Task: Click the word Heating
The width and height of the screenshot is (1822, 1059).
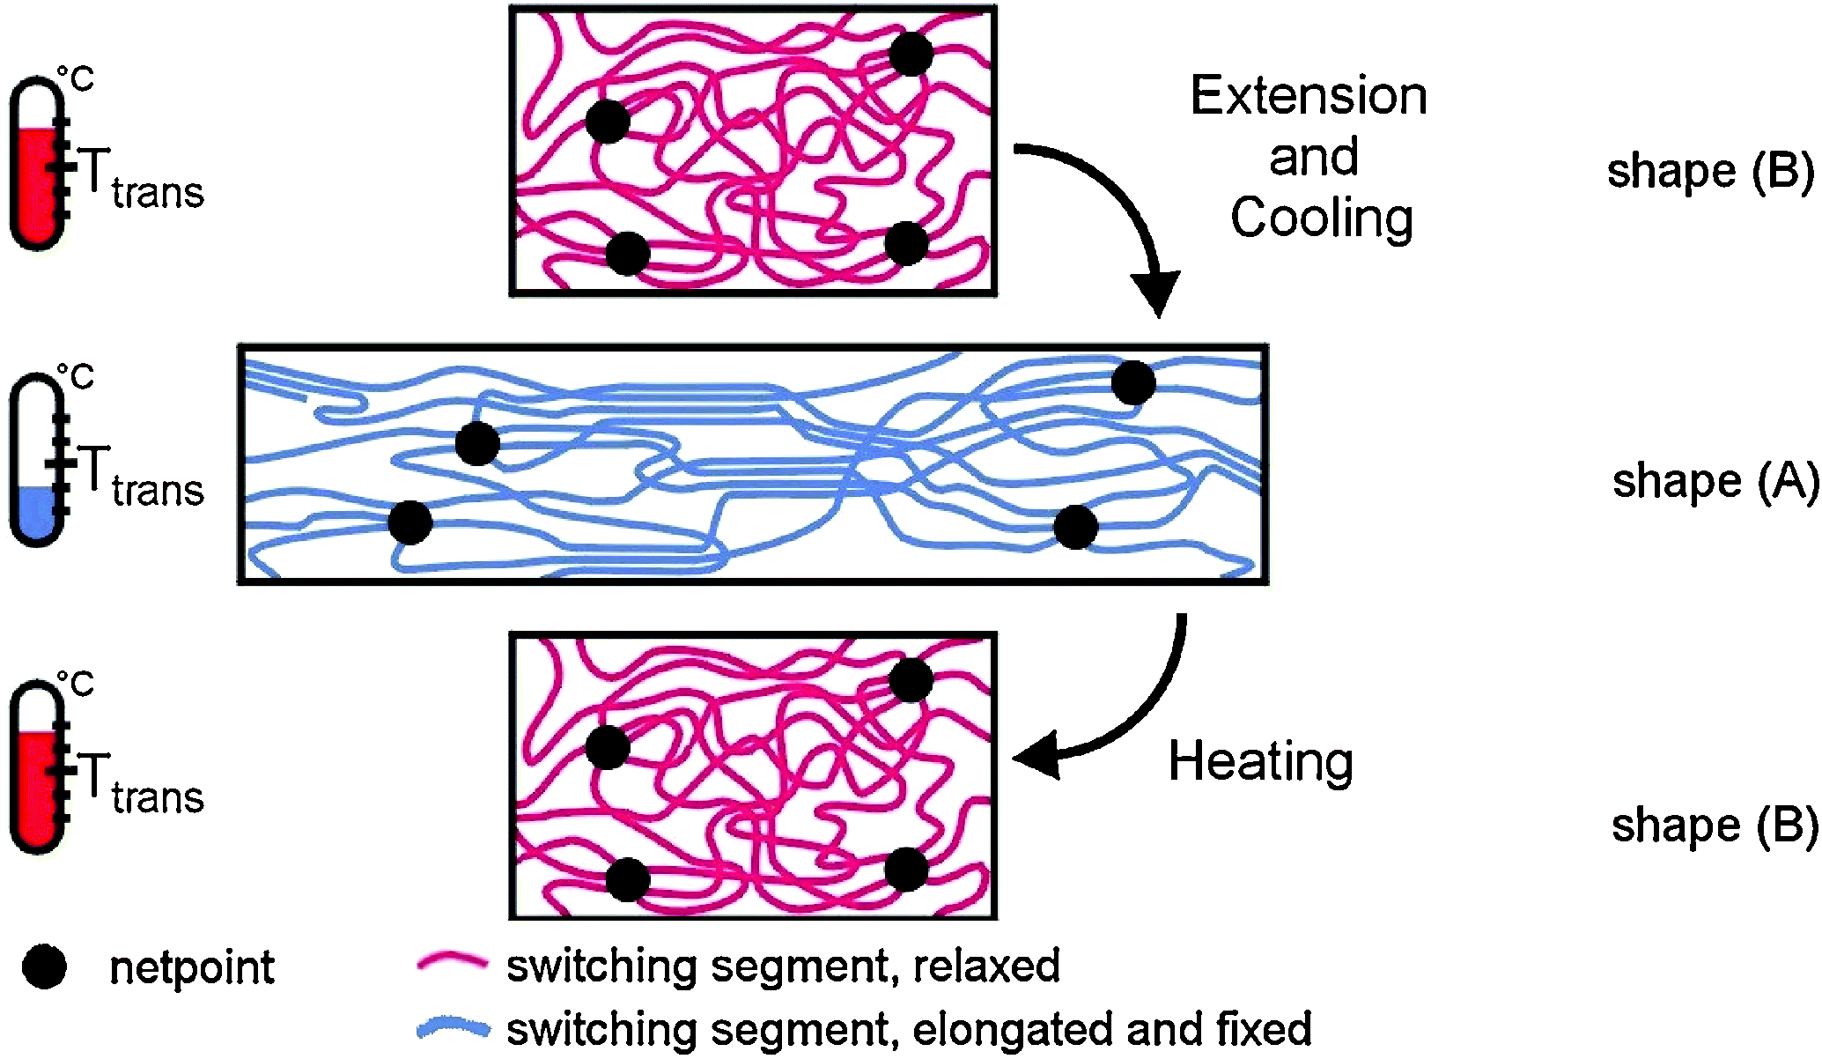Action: click(1260, 762)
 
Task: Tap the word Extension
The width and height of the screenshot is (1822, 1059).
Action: click(1309, 96)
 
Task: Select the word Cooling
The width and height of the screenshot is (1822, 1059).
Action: click(1321, 218)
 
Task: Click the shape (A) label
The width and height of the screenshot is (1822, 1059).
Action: click(1715, 482)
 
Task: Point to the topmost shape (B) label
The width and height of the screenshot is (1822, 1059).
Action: click(1710, 171)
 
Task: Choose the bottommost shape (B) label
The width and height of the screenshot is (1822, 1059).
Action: click(1714, 826)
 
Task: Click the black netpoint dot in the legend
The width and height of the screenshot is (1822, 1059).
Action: click(45, 967)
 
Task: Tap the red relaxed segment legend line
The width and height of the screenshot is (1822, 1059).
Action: click(452, 963)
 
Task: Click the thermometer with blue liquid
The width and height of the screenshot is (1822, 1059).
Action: click(38, 460)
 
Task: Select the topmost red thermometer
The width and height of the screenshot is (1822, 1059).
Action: click(38, 164)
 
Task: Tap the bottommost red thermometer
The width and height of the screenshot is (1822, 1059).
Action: click(38, 766)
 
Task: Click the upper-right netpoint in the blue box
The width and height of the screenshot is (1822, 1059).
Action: click(1132, 382)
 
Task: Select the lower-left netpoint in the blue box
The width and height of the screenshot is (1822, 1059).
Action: click(410, 522)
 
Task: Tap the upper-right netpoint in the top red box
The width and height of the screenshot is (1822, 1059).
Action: click(911, 54)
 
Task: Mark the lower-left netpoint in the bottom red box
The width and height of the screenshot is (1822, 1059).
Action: click(628, 878)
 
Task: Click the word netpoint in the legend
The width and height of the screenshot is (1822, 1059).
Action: click(192, 968)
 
